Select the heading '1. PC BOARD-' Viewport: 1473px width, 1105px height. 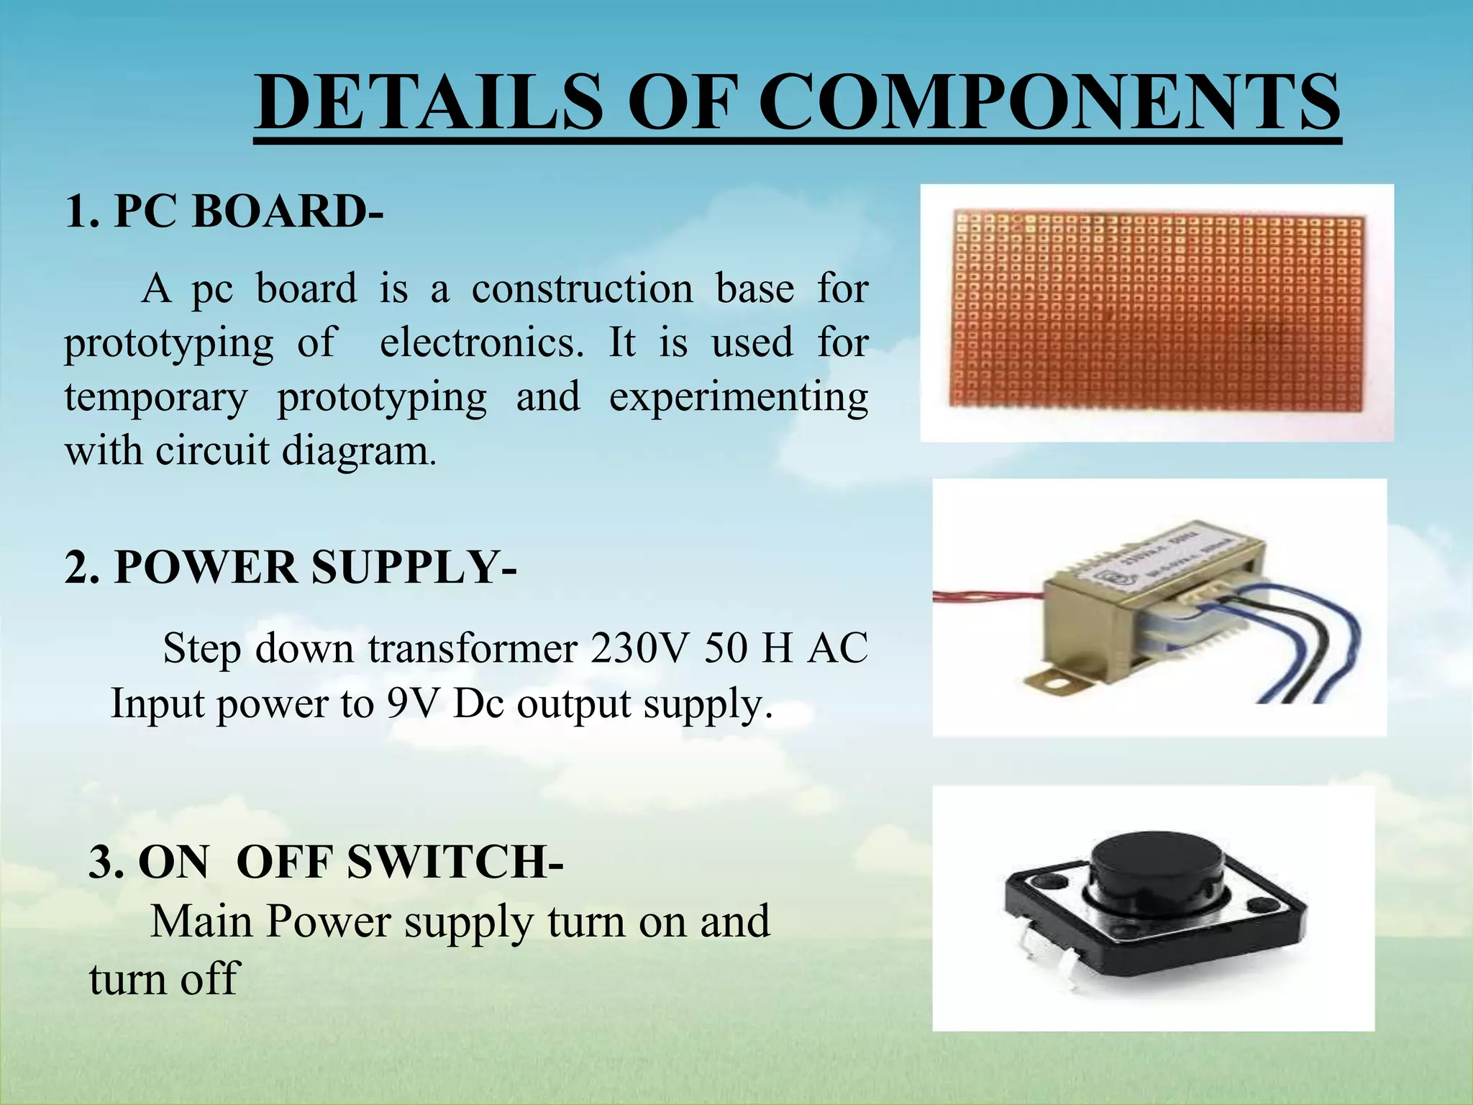point(224,212)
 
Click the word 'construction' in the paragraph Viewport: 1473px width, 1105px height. point(582,288)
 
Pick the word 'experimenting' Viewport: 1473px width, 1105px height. point(739,397)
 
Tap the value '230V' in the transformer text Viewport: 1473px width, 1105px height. point(642,648)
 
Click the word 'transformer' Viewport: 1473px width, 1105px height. point(473,648)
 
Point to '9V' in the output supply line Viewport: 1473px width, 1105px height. point(412,703)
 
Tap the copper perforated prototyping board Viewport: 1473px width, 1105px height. point(1157,312)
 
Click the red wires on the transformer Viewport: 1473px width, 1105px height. point(985,594)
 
